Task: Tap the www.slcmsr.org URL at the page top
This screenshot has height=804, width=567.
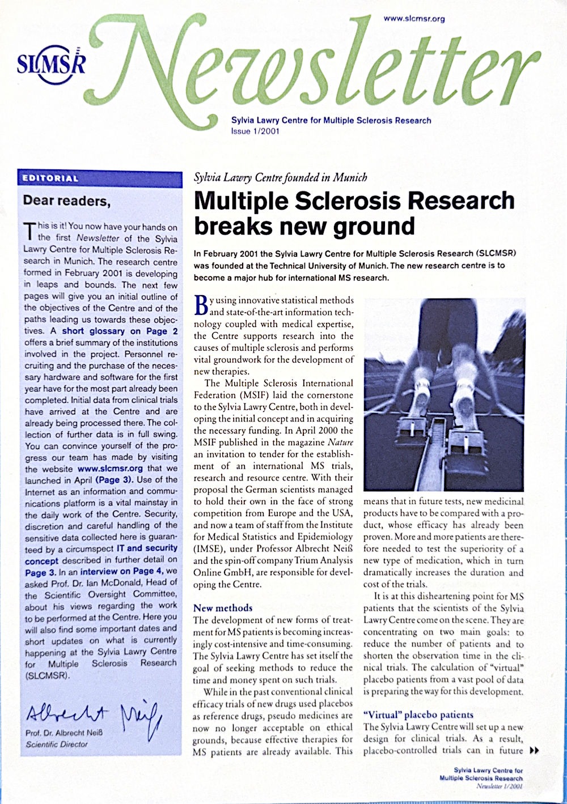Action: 414,19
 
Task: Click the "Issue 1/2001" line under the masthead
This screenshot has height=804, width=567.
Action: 255,131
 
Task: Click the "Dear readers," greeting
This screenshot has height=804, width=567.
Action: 65,201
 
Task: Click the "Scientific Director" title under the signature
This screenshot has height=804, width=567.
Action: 57,744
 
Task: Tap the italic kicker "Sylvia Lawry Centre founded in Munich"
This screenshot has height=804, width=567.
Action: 280,177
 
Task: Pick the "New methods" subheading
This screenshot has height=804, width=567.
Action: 223,608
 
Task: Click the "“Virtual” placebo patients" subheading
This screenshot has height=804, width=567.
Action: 418,714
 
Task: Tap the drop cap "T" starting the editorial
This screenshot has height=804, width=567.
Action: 29,231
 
